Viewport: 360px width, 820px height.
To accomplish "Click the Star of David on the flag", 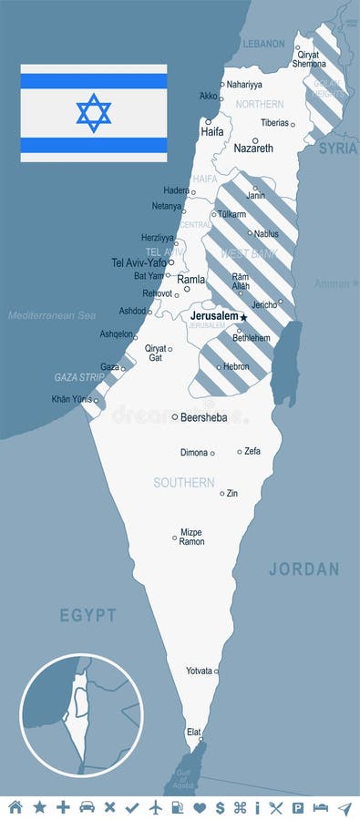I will point(94,113).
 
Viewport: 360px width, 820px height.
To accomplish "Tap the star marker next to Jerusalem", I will point(243,316).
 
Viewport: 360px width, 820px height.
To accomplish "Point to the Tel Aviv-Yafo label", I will point(139,262).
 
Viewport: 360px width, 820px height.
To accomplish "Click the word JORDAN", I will point(303,569).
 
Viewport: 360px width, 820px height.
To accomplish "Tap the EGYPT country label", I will point(87,615).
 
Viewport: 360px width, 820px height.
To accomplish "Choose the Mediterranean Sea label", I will point(52,315).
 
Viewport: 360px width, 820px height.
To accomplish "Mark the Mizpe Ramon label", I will point(191,537).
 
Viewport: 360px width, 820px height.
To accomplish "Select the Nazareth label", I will point(252,148).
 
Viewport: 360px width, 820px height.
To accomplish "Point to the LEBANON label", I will point(263,43).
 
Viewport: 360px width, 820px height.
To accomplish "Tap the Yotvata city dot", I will point(216,671).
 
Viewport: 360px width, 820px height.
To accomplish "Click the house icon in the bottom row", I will point(15,807).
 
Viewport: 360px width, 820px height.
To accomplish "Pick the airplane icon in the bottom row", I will point(156,807).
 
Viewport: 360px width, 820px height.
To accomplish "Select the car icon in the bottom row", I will point(87,807).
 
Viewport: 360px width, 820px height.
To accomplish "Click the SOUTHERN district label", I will point(184,482).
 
